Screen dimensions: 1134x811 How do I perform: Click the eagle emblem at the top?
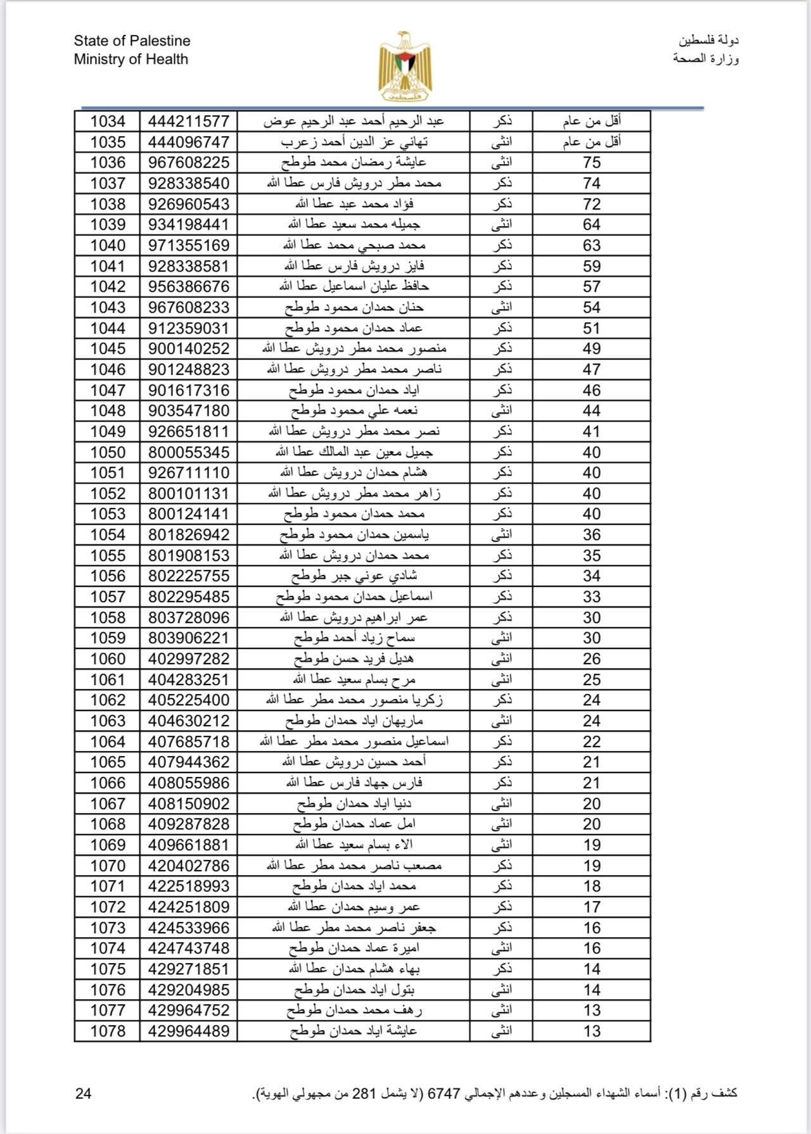pyautogui.click(x=405, y=66)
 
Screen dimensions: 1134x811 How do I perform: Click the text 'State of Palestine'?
pyautogui.click(x=132, y=41)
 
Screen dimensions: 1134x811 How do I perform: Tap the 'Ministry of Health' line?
pyautogui.click(x=131, y=60)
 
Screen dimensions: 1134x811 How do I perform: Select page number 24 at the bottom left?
pyautogui.click(x=83, y=1093)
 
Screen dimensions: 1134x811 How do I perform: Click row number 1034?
pyautogui.click(x=108, y=121)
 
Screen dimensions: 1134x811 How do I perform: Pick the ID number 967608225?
pyautogui.click(x=189, y=163)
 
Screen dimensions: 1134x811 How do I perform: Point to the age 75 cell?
pyautogui.click(x=591, y=163)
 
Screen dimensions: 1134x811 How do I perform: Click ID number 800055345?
pyautogui.click(x=189, y=452)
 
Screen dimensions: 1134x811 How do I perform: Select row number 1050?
pyautogui.click(x=108, y=452)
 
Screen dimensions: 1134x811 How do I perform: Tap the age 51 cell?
pyautogui.click(x=591, y=328)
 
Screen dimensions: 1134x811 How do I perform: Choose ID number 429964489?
pyautogui.click(x=189, y=1031)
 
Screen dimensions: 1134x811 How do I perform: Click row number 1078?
pyautogui.click(x=108, y=1031)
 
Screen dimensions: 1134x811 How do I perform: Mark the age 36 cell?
pyautogui.click(x=591, y=535)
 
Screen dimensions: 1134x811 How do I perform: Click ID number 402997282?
pyautogui.click(x=189, y=659)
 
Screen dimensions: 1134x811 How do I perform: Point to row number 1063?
pyautogui.click(x=108, y=721)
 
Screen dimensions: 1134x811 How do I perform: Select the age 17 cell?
pyautogui.click(x=591, y=907)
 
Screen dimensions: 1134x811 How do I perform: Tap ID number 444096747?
pyautogui.click(x=189, y=142)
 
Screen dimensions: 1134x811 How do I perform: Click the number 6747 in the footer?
pyautogui.click(x=444, y=1093)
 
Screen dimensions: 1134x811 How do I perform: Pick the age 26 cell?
pyautogui.click(x=591, y=659)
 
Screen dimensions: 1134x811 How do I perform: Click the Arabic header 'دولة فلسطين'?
pyautogui.click(x=708, y=41)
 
